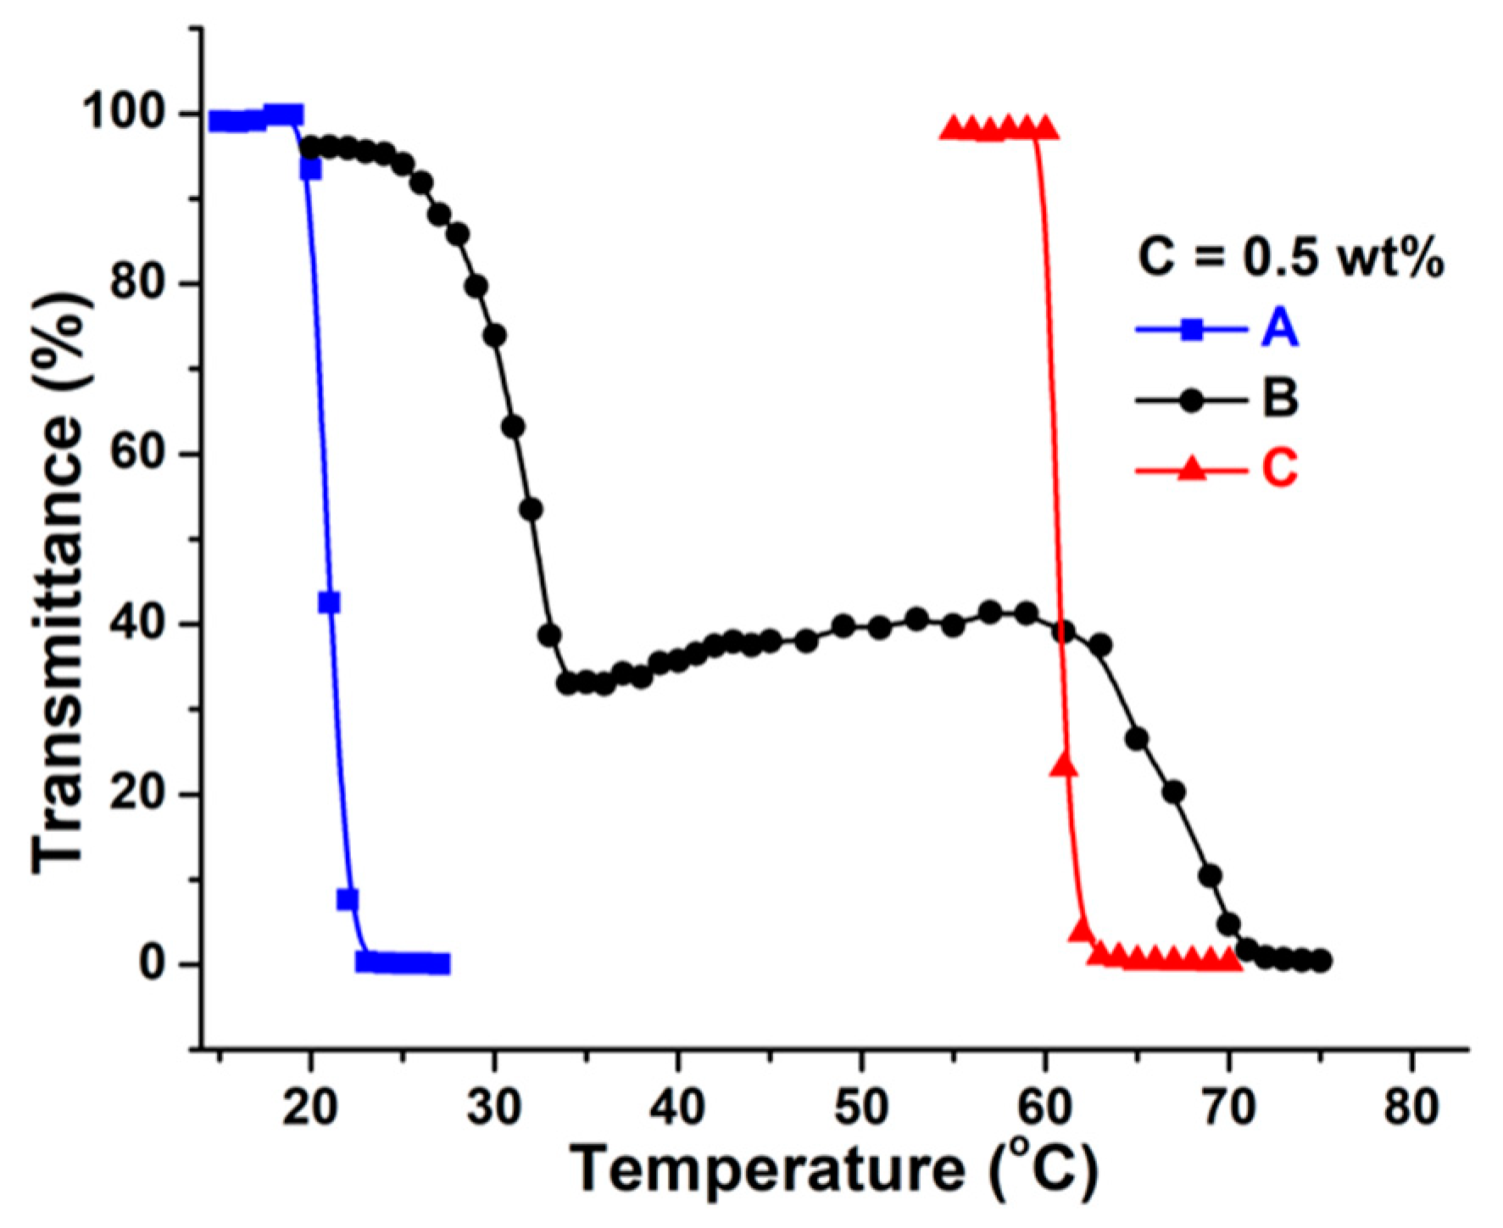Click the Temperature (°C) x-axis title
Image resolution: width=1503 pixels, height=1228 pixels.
tap(834, 1171)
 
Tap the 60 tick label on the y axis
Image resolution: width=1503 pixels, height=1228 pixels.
tap(140, 455)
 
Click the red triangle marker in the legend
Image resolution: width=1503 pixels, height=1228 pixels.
tap(1191, 468)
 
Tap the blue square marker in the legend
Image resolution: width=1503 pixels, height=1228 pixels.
tap(1191, 330)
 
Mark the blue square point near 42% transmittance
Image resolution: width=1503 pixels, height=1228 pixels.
tap(329, 602)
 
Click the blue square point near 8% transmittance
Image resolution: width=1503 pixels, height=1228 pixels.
tap(347, 900)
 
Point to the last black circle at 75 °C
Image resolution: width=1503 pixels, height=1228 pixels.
tap(1321, 961)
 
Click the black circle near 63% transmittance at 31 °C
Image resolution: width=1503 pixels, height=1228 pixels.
tap(513, 426)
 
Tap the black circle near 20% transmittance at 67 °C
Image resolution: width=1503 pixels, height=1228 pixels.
tap(1173, 792)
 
